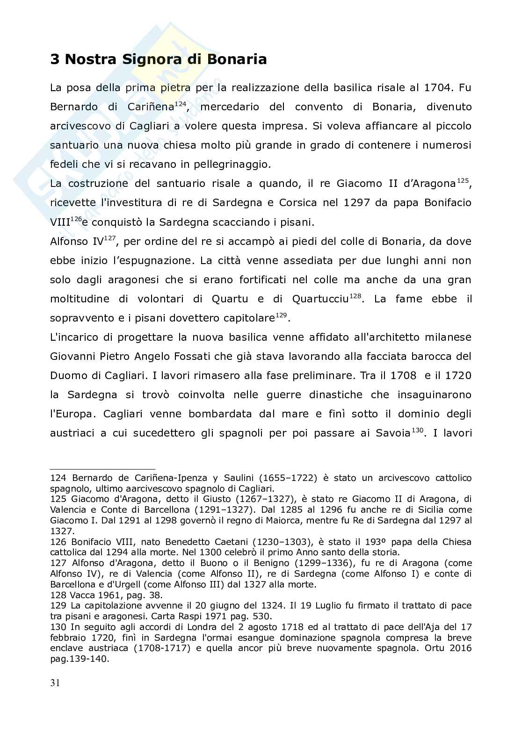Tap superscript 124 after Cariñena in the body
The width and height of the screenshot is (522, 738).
tap(181, 104)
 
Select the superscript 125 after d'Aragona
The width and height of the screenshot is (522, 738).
tap(463, 180)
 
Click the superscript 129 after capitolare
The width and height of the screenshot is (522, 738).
tap(281, 315)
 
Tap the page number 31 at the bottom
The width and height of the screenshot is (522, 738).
tap(55, 683)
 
